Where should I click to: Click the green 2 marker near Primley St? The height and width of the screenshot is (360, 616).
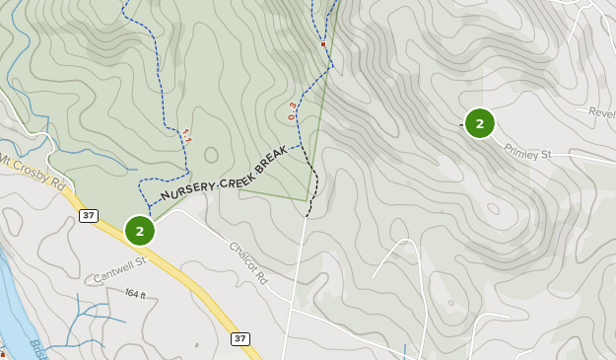[x=479, y=123]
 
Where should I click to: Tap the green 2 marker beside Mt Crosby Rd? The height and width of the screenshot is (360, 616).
[x=140, y=231]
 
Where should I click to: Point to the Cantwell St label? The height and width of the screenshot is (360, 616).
[x=120, y=267]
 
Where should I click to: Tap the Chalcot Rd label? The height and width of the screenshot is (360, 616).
[x=248, y=263]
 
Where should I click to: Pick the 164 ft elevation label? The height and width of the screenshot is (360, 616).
[x=135, y=294]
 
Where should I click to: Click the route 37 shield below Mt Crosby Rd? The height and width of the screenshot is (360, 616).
[x=90, y=216]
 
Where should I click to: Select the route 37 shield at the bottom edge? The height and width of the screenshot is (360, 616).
[x=240, y=338]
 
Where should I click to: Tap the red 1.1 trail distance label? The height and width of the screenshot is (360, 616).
[x=185, y=135]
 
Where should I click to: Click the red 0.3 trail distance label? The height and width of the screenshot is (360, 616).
[x=292, y=110]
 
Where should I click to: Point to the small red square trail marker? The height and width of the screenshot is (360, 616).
[x=322, y=44]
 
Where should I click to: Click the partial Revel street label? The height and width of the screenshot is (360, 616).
[x=600, y=112]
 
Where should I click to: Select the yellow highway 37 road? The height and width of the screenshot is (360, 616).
[x=177, y=277]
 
